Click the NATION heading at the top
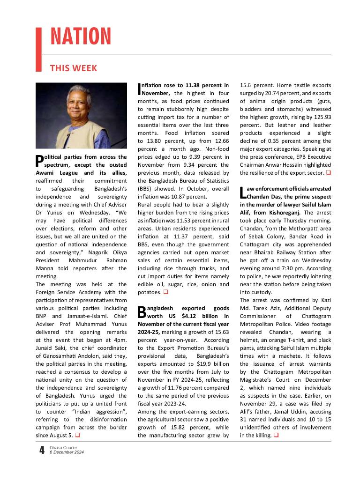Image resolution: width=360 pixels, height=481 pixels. (x=81, y=37)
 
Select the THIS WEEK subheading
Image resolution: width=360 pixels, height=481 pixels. (x=74, y=68)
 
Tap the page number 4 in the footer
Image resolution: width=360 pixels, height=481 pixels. (x=42, y=451)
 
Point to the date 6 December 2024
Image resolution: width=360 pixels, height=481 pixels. (x=66, y=452)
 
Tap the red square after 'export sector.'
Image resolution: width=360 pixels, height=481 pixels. (x=328, y=173)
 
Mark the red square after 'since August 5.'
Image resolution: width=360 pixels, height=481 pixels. (x=77, y=436)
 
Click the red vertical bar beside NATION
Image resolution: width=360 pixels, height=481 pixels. (x=39, y=49)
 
